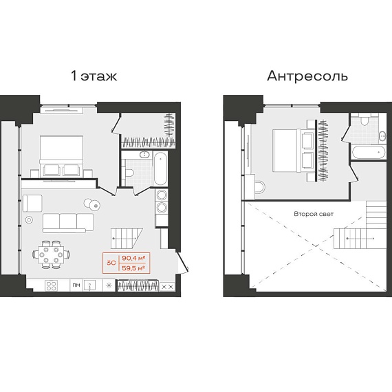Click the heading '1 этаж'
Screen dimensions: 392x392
(94, 76)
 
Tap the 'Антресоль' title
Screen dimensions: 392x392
(307, 76)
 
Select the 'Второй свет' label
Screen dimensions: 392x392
(314, 214)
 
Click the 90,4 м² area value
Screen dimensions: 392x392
(133, 258)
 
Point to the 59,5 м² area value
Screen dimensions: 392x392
(133, 268)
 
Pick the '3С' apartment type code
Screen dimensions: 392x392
(111, 263)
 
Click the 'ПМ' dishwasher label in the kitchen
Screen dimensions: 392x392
(76, 285)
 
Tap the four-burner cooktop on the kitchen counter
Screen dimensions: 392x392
(52, 285)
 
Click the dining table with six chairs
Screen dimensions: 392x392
(51, 254)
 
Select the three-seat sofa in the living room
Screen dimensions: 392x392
(68, 223)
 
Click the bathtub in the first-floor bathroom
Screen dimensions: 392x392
(160, 168)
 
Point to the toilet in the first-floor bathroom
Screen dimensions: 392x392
(129, 173)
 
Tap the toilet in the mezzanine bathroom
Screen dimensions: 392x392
(364, 120)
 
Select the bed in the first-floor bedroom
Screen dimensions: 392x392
(61, 156)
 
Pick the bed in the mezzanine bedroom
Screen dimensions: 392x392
(293, 151)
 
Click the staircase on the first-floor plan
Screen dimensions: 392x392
(127, 238)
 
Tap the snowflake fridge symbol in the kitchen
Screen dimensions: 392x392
(109, 285)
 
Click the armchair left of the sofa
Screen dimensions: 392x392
(32, 204)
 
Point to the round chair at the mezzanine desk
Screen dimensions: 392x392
(259, 187)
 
